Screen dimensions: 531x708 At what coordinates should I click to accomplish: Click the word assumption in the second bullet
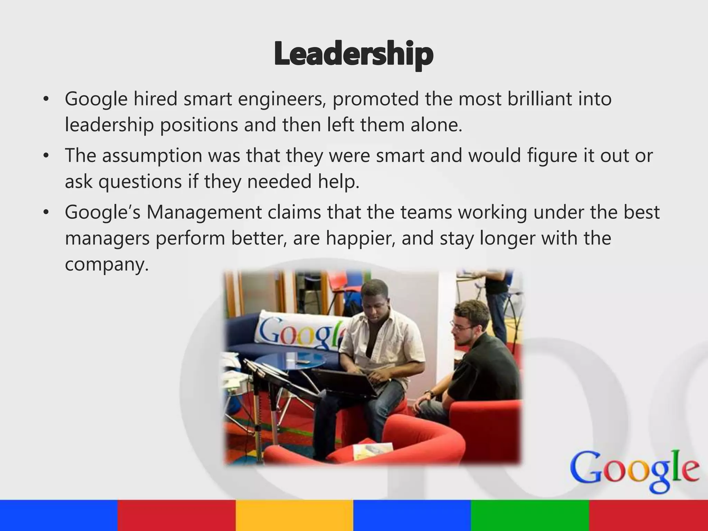pyautogui.click(x=152, y=156)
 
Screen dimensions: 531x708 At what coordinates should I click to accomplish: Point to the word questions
pyautogui.click(x=140, y=182)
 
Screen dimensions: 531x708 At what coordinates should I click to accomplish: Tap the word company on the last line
pyautogui.click(x=106, y=265)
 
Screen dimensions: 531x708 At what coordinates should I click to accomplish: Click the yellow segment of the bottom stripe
pyautogui.click(x=294, y=515)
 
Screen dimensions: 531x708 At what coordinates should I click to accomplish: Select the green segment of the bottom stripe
pyautogui.click(x=530, y=515)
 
